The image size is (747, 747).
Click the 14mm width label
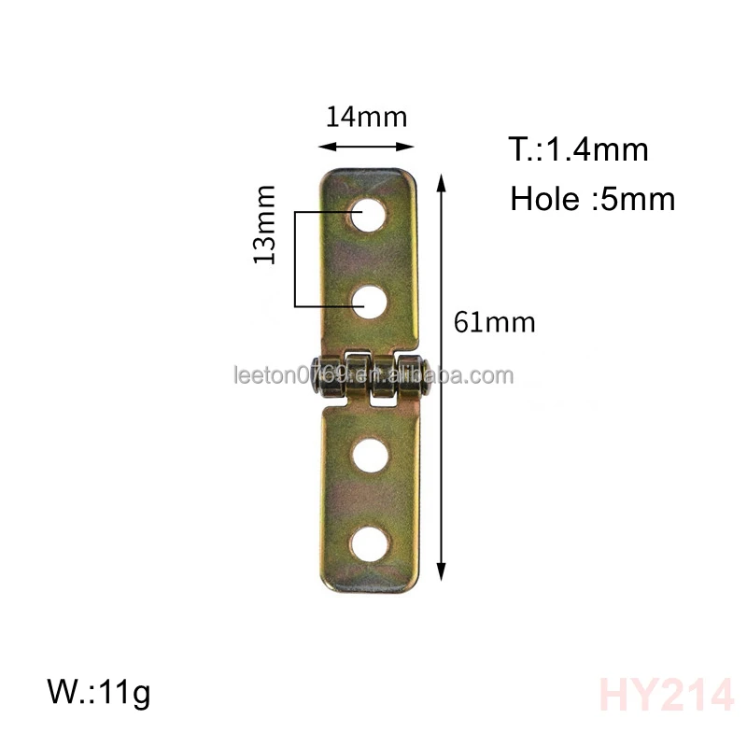click(x=366, y=118)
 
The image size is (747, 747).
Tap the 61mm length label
click(x=494, y=323)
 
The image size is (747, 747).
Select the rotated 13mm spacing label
click(x=265, y=225)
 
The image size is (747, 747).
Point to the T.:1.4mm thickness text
click(x=578, y=149)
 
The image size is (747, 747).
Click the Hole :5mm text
click(x=592, y=199)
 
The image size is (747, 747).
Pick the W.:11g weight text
click(x=98, y=694)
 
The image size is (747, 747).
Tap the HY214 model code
click(x=666, y=696)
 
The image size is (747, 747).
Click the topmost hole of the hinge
click(x=372, y=213)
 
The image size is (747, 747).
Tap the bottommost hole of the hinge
click(x=372, y=543)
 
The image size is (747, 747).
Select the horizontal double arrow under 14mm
click(x=366, y=146)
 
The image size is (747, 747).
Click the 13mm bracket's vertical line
click(x=295, y=260)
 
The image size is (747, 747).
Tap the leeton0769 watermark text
click(x=373, y=376)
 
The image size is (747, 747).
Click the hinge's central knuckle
click(x=358, y=376)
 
